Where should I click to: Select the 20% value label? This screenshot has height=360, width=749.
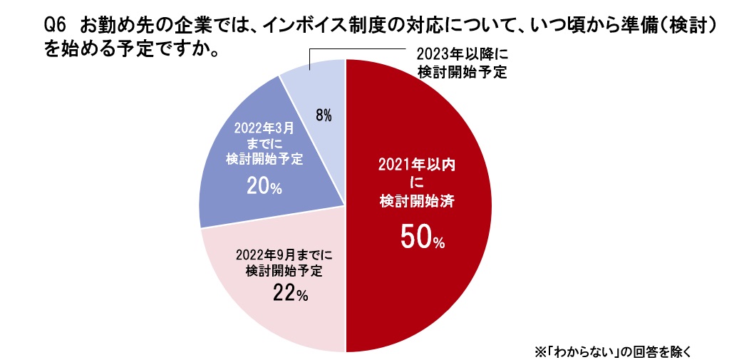coord(264,187)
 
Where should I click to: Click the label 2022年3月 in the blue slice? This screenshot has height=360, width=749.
coord(264,129)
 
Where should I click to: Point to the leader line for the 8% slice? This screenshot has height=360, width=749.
coord(356,49)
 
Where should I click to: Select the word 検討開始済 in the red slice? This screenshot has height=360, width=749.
coord(417,202)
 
